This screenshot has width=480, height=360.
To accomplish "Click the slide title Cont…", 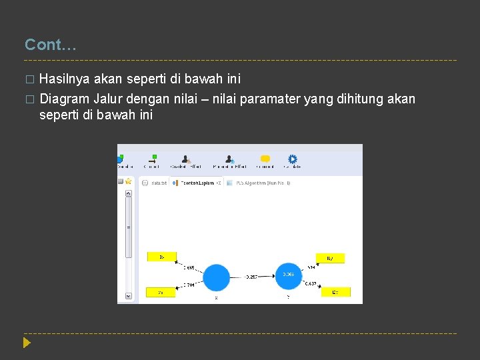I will click(x=51, y=45).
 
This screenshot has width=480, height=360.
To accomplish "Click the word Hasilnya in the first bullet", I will click(x=65, y=79).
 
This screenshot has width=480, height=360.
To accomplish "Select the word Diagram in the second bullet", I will click(x=65, y=99).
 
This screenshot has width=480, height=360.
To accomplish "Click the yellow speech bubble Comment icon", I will click(x=265, y=159).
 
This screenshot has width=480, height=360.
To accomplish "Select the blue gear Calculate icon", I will click(x=292, y=159).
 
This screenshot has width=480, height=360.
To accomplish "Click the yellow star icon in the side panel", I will click(x=128, y=181).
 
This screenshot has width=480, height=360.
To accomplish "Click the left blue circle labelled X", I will click(x=215, y=277).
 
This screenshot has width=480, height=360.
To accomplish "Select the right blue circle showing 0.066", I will click(x=288, y=275).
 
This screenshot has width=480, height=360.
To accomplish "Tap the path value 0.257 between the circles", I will click(x=251, y=276).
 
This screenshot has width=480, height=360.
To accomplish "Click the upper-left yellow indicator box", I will click(x=161, y=256).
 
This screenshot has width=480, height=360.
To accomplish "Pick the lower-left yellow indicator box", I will click(x=161, y=293).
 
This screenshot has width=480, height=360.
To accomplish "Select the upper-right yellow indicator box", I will click(x=331, y=258).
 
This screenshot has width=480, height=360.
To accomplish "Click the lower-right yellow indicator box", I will click(x=335, y=292).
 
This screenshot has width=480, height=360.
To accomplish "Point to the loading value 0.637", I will click(x=311, y=283).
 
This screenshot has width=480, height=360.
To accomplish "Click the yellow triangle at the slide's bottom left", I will click(x=26, y=343).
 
